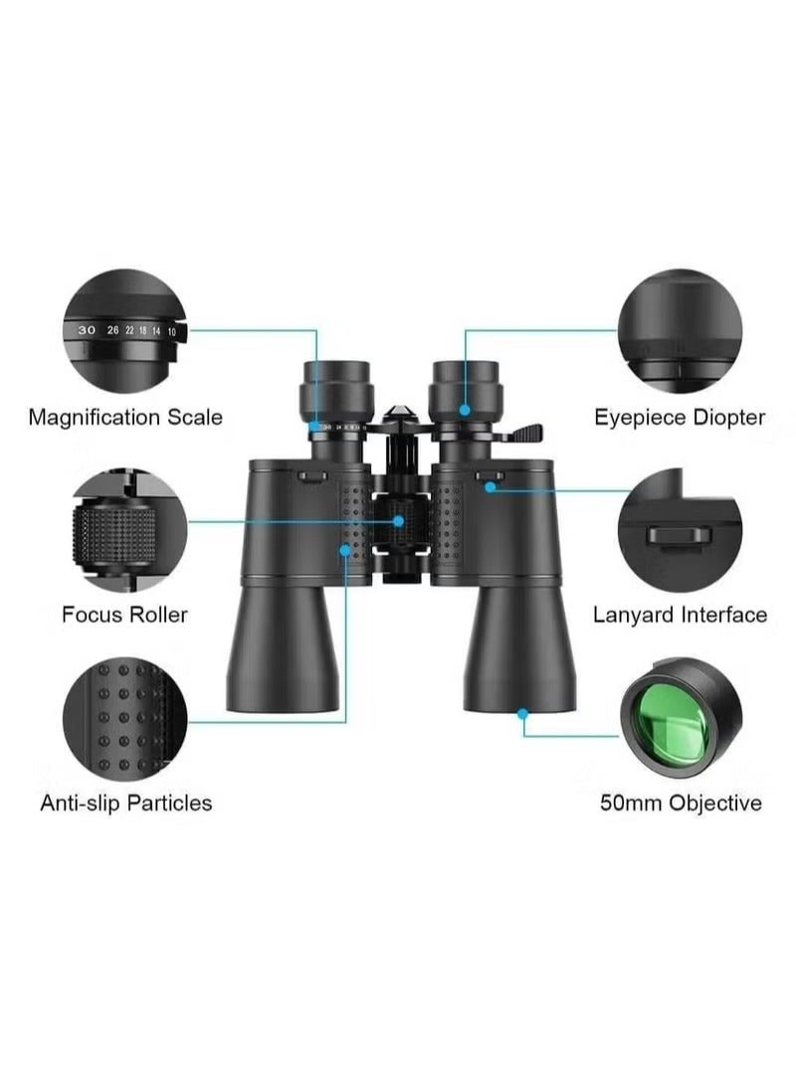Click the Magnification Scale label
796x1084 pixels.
[125, 417]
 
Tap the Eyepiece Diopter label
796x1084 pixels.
[680, 417]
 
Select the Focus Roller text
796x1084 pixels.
[124, 614]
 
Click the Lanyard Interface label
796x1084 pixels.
[680, 615]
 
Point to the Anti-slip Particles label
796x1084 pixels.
[125, 802]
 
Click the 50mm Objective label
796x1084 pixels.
[681, 802]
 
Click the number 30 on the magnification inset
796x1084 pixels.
[87, 329]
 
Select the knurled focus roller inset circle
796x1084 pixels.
[124, 530]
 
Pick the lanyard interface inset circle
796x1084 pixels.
[680, 530]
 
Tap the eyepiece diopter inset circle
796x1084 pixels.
[680, 331]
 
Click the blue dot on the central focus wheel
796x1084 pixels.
[398, 520]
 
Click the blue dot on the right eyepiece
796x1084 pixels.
[465, 409]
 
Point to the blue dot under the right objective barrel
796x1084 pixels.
[522, 712]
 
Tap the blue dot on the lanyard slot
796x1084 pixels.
[490, 486]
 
